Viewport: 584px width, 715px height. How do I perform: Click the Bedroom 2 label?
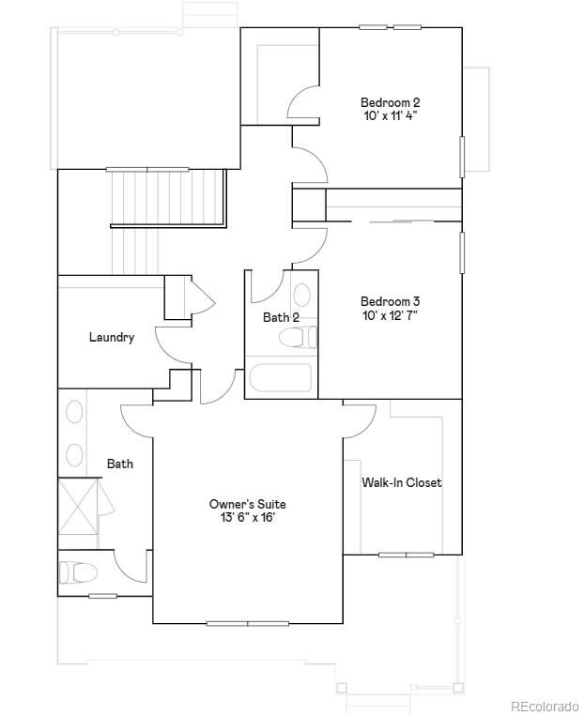(x=390, y=102)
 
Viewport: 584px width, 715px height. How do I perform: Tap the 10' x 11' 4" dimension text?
(x=390, y=116)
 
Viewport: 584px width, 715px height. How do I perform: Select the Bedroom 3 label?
(x=390, y=301)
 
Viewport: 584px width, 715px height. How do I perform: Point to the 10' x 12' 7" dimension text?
(x=390, y=315)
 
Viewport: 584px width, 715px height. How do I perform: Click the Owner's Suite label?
(x=247, y=504)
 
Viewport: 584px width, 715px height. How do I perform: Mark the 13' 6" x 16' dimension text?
(x=247, y=518)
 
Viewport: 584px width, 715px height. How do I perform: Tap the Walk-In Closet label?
(x=402, y=482)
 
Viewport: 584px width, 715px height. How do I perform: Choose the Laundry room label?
(x=112, y=337)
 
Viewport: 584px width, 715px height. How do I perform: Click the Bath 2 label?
(x=281, y=317)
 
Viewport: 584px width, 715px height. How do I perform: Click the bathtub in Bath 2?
(x=280, y=379)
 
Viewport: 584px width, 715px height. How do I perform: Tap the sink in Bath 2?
(x=303, y=292)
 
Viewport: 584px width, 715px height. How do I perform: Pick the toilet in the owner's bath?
(x=78, y=571)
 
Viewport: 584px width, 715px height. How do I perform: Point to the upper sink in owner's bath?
(x=74, y=413)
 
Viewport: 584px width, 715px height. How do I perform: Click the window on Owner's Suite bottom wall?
(x=247, y=623)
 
